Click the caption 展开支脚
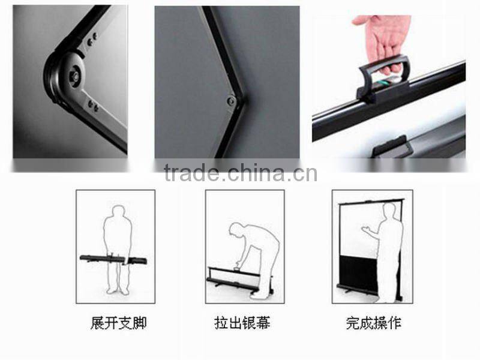[x=118, y=323]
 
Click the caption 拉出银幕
[x=242, y=323]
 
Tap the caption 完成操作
[x=373, y=323]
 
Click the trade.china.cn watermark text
[x=240, y=173]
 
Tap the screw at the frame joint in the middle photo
[x=231, y=101]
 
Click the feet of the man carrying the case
[x=118, y=291]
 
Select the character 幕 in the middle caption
[x=263, y=323]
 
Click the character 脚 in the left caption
[x=139, y=323]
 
